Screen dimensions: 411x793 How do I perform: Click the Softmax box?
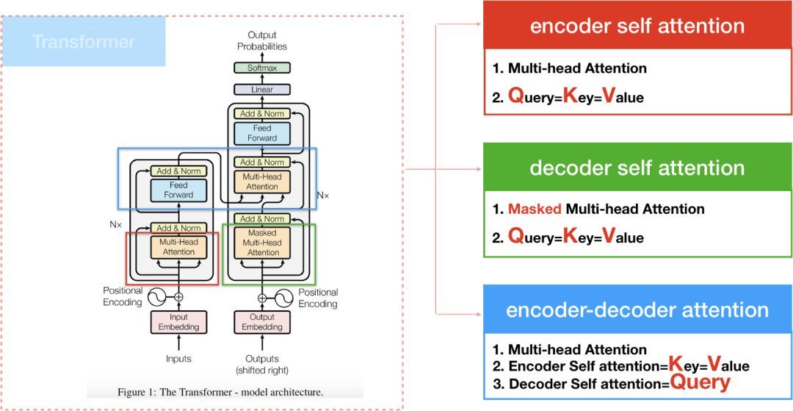pyautogui.click(x=262, y=68)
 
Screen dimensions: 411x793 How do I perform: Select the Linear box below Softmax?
pyautogui.click(x=262, y=90)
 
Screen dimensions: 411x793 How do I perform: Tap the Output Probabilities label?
pyautogui.click(x=262, y=40)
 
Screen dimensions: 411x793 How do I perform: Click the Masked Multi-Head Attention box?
pyautogui.click(x=263, y=243)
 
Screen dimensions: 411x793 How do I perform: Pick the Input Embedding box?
pyautogui.click(x=178, y=322)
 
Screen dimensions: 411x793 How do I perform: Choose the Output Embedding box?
pyautogui.click(x=262, y=322)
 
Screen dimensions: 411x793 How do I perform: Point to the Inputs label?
pyautogui.click(x=178, y=359)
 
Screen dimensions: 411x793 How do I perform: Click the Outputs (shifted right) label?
pyautogui.click(x=262, y=364)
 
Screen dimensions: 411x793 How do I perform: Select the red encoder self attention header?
pyautogui.click(x=637, y=26)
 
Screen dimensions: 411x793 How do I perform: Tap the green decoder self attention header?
pyautogui.click(x=637, y=168)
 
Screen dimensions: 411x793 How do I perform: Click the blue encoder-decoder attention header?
pyautogui.click(x=637, y=310)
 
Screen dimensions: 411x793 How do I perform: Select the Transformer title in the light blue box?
pyautogui.click(x=84, y=41)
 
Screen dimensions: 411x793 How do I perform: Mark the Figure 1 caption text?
pyautogui.click(x=220, y=392)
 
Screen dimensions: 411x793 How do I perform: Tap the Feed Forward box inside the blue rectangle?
pyautogui.click(x=178, y=190)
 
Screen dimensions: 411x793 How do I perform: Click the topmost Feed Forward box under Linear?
pyautogui.click(x=262, y=133)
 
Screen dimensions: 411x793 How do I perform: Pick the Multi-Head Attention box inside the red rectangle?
pyautogui.click(x=178, y=246)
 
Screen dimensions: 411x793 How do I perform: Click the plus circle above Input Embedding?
pyautogui.click(x=178, y=297)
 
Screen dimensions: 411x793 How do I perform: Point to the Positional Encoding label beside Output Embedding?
pyautogui.click(x=318, y=298)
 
